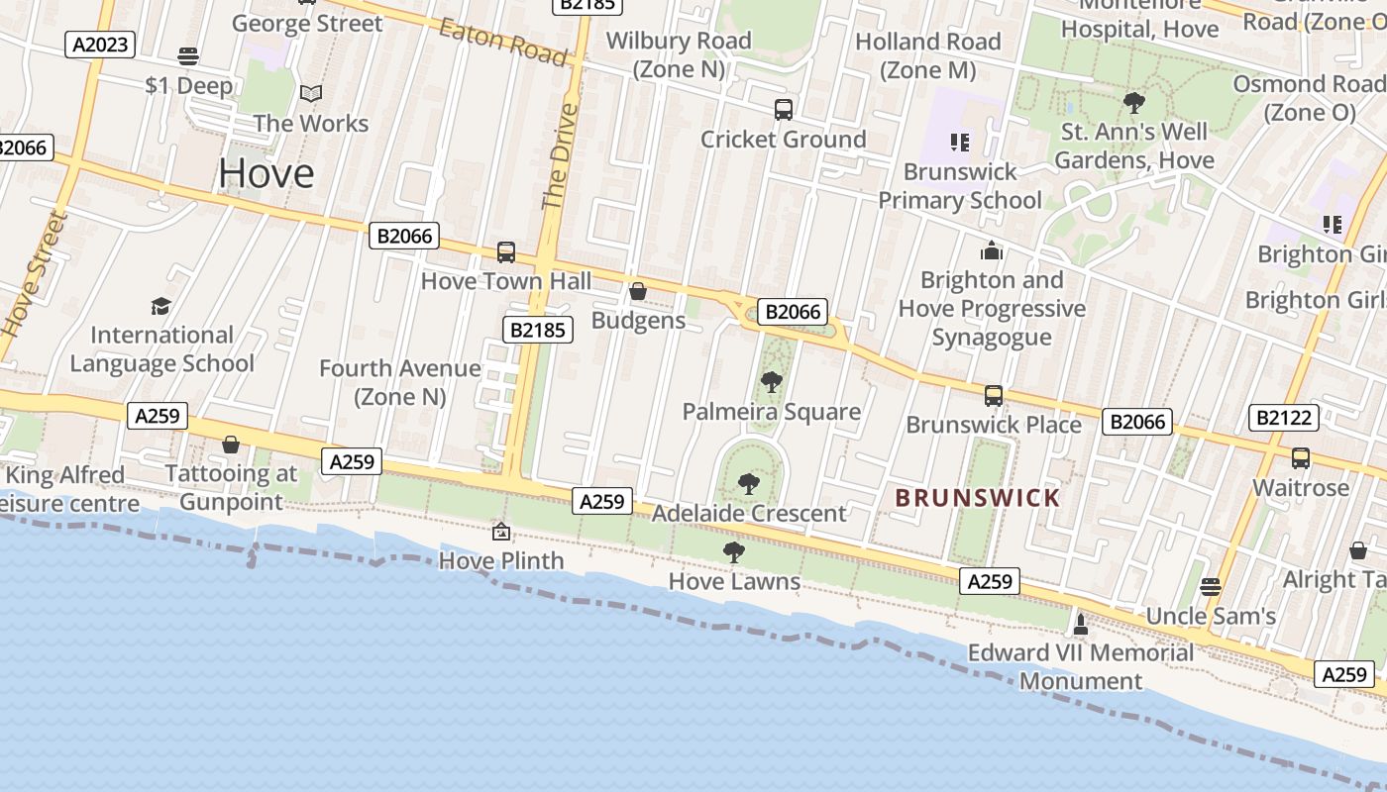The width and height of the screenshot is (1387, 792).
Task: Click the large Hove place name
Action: click(267, 173)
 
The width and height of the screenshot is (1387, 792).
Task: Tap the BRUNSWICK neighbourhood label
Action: click(978, 498)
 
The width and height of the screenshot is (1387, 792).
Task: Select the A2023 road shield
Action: click(100, 44)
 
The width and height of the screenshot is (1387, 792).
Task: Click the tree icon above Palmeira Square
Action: click(771, 381)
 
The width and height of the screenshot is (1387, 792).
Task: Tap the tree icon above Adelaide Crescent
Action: click(749, 484)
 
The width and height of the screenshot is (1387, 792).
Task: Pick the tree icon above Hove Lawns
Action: click(734, 552)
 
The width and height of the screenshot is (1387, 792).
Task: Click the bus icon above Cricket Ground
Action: click(784, 109)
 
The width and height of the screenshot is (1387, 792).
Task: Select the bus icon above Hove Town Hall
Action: click(506, 251)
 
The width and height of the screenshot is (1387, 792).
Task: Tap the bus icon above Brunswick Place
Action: click(994, 396)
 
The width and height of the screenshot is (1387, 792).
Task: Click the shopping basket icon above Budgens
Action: click(638, 291)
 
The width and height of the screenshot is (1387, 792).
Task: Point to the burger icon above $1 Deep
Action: click(188, 55)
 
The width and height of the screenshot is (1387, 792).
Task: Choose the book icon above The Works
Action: click(311, 94)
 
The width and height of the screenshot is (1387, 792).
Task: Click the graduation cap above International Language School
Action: click(160, 306)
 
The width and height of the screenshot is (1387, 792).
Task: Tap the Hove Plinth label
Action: click(501, 560)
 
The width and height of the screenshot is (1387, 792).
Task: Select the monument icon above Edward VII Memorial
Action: click(1081, 624)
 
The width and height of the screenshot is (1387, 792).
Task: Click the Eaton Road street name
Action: click(504, 42)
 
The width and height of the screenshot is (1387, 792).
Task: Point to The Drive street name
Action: click(559, 155)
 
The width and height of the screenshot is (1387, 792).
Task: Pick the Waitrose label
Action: click(1301, 488)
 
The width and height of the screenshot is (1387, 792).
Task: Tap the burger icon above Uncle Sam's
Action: click(1211, 586)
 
